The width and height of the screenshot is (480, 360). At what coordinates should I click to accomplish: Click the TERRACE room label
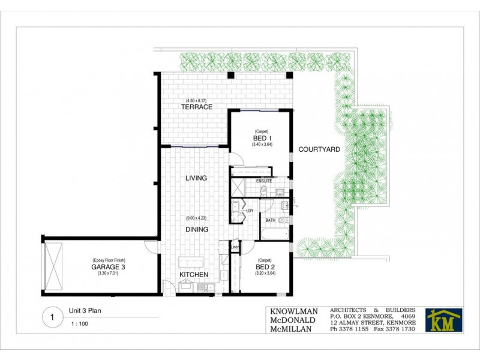point(197,107)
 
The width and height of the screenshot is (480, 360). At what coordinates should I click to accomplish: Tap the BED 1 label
point(260,137)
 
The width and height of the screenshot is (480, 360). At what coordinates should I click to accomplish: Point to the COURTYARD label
point(320,150)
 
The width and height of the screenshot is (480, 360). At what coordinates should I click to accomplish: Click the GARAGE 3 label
point(108,266)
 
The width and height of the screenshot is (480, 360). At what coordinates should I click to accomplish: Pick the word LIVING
point(196,178)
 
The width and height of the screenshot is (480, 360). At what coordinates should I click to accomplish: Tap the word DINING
point(197,229)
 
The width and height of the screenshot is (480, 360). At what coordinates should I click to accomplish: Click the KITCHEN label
point(194,275)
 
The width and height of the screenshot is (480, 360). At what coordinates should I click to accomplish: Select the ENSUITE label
point(264,181)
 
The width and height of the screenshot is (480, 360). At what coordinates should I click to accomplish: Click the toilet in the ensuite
point(264,191)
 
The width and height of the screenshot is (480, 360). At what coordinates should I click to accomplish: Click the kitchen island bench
point(190,262)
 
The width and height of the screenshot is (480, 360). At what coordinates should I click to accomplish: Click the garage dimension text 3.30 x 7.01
point(108,274)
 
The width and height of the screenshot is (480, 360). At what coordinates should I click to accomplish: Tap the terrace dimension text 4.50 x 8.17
point(196,100)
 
